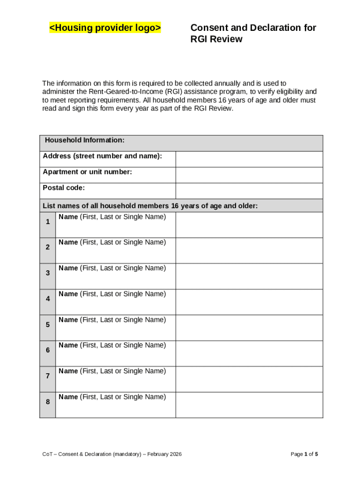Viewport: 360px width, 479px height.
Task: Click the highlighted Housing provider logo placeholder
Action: [105, 29]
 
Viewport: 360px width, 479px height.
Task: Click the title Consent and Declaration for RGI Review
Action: [253, 33]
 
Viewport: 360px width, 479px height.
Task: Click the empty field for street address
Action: [249, 159]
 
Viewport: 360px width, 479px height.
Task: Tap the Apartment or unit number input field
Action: [249, 175]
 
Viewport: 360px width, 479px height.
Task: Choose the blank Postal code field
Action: [249, 191]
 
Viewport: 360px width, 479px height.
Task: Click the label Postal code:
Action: [64, 188]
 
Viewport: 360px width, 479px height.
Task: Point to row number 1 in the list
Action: [48, 222]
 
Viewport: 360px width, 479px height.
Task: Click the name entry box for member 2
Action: [249, 251]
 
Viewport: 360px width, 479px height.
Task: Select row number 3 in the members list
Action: [48, 273]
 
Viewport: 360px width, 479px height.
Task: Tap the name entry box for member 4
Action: [249, 302]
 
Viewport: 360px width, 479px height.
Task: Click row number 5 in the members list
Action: [48, 325]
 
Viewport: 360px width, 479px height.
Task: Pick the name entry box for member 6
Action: [249, 354]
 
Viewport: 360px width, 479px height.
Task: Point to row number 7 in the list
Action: [48, 376]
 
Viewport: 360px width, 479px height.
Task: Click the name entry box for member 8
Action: [249, 405]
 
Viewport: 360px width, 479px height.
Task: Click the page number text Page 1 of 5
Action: [304, 454]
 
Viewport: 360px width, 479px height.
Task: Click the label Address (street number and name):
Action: [102, 156]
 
